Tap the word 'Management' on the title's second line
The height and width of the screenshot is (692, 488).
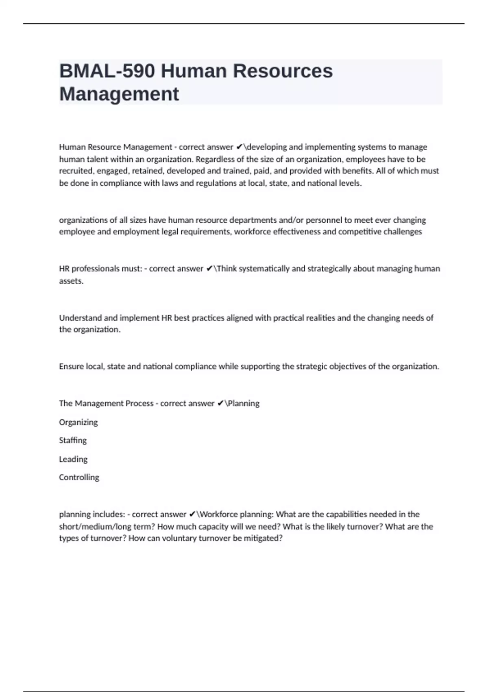click(x=119, y=94)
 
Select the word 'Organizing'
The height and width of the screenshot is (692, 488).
click(x=78, y=422)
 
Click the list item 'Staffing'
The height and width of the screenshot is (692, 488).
click(x=73, y=440)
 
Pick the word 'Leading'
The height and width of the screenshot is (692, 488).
click(x=73, y=459)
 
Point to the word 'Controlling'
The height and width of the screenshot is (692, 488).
click(x=79, y=477)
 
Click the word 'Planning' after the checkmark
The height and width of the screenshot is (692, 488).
click(x=244, y=403)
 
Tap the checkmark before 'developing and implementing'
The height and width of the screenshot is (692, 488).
click(x=239, y=147)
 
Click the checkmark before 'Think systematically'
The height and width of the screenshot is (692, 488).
click(x=209, y=269)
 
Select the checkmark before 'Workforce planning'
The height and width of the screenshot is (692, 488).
click(x=192, y=515)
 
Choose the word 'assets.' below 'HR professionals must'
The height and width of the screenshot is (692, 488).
click(x=71, y=281)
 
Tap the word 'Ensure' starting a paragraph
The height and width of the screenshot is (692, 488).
click(x=71, y=366)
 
